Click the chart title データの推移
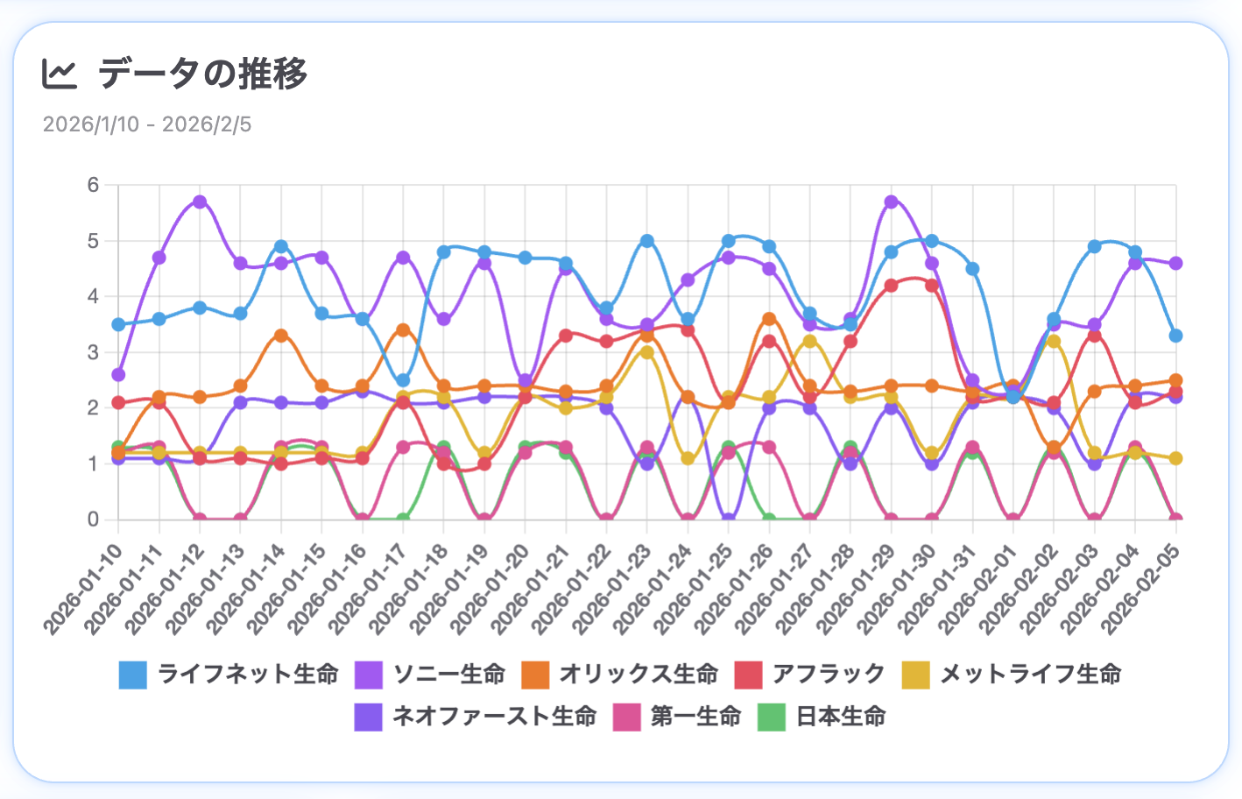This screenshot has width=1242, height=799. pyautogui.click(x=202, y=74)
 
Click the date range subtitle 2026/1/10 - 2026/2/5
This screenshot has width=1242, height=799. pyautogui.click(x=147, y=124)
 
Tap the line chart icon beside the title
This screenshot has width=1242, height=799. pyautogui.click(x=60, y=74)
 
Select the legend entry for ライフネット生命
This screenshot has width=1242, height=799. pyautogui.click(x=229, y=674)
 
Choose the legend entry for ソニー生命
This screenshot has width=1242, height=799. pyautogui.click(x=431, y=674)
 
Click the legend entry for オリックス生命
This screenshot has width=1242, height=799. pyautogui.click(x=620, y=674)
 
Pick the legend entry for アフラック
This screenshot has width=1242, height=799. pyautogui.click(x=811, y=674)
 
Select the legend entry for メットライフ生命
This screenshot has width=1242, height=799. pyautogui.click(x=1012, y=674)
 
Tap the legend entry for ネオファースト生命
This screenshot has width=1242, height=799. pyautogui.click(x=476, y=716)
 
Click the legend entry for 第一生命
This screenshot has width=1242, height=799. pyautogui.click(x=678, y=716)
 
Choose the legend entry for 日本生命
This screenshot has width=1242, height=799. pyautogui.click(x=822, y=716)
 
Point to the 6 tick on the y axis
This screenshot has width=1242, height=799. pyautogui.click(x=93, y=185)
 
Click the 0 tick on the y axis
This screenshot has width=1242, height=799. pyautogui.click(x=93, y=520)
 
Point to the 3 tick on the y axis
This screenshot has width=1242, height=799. pyautogui.click(x=93, y=352)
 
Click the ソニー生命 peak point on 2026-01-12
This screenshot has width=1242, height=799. pyautogui.click(x=200, y=202)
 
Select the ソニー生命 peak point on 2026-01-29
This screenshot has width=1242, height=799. pyautogui.click(x=892, y=202)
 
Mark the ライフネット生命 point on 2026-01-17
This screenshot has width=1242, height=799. pyautogui.click(x=403, y=380)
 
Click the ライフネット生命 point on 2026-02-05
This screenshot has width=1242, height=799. pyautogui.click(x=1175, y=336)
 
